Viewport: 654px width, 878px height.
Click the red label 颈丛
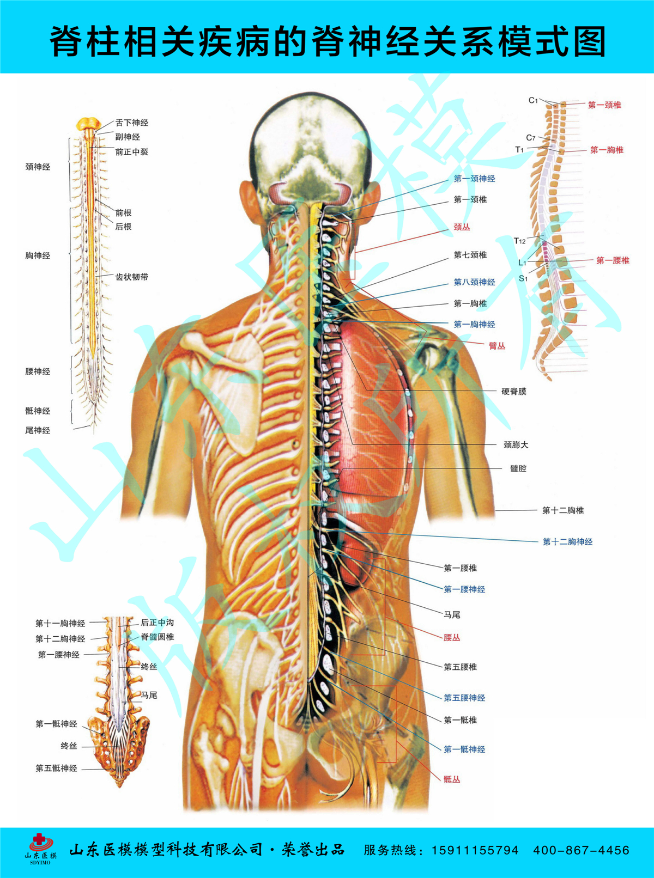point(462,227)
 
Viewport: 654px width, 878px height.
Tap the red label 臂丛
point(496,346)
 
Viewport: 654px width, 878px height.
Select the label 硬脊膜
point(513,391)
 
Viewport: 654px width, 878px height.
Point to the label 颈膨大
point(516,444)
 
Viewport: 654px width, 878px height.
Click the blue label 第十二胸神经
point(567,541)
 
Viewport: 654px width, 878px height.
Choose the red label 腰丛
point(452,637)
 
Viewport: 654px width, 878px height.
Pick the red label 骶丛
point(452,779)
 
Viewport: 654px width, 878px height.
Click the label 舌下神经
point(131,123)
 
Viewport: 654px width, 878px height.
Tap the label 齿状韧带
point(131,277)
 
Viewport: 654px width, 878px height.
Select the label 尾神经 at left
point(38,430)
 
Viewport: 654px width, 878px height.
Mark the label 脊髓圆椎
point(158,637)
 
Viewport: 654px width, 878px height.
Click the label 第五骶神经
point(57,768)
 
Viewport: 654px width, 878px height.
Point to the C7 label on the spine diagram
point(531,138)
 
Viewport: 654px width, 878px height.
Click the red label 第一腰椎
point(613,260)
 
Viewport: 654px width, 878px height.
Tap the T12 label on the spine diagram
point(520,241)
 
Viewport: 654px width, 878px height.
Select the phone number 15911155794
point(475,850)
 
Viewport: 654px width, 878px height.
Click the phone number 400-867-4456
point(581,850)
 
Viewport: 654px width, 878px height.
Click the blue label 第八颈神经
point(474,282)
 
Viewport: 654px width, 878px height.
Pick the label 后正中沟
point(158,622)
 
